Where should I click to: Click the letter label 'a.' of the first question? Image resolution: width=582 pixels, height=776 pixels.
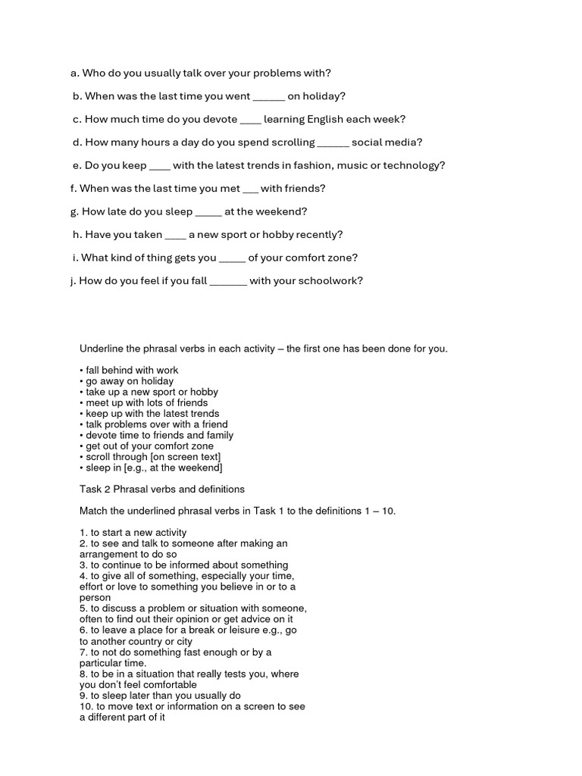point(74,73)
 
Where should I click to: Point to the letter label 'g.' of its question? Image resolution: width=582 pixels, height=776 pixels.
point(74,211)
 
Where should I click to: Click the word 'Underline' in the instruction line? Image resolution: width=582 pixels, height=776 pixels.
point(102,349)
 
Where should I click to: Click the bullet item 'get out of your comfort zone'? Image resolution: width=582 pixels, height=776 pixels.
point(149,446)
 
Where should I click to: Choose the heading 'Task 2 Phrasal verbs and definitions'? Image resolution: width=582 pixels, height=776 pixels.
point(162,489)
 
